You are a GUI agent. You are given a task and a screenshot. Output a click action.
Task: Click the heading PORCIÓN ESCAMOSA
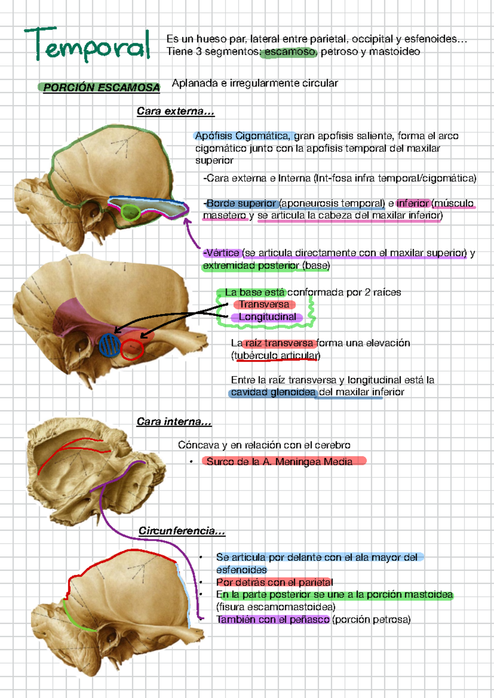(101, 88)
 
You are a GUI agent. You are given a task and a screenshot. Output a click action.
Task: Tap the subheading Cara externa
(175, 112)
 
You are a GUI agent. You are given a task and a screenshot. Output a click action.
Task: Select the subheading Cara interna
(174, 422)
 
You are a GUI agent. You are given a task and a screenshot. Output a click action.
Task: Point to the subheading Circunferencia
(182, 531)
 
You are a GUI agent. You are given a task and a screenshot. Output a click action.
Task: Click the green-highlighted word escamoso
(290, 52)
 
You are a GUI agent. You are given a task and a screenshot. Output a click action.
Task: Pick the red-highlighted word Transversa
(264, 305)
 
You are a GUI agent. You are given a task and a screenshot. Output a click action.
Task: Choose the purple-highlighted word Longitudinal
(267, 317)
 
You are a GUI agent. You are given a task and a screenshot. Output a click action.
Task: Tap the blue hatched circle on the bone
(110, 345)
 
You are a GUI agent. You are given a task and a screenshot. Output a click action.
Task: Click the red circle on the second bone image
(132, 349)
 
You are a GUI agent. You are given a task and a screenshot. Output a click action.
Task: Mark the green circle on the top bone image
(130, 212)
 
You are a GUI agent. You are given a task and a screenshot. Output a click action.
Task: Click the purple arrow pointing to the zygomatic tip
(192, 235)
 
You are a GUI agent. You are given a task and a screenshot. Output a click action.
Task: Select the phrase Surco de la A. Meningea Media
(280, 462)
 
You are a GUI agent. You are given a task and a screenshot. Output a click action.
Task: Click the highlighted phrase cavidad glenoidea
(273, 392)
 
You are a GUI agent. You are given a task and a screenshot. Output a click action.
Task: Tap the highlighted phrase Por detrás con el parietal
(275, 582)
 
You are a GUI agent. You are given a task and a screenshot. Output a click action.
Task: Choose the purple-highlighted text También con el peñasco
(273, 619)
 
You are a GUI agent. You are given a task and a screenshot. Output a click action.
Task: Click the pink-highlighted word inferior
(412, 203)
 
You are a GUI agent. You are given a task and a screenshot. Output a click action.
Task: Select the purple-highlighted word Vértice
(222, 253)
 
